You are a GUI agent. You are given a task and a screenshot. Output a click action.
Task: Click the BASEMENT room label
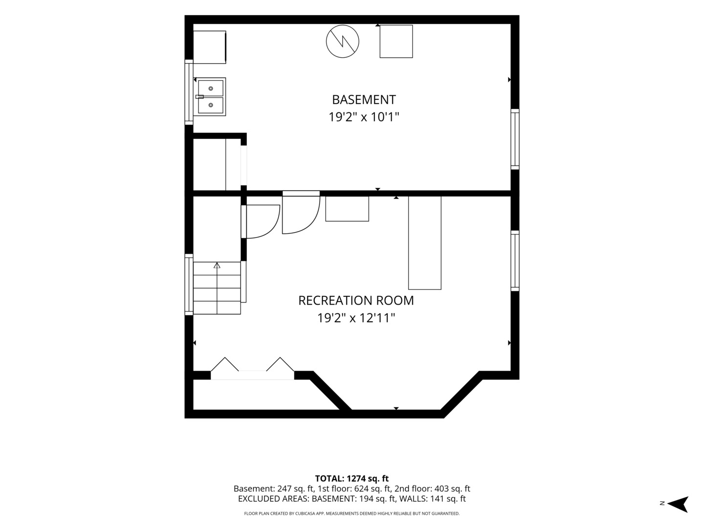[364, 100]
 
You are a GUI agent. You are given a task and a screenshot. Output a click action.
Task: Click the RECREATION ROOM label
[356, 301]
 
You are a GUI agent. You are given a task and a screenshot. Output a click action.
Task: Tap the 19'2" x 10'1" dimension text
[364, 117]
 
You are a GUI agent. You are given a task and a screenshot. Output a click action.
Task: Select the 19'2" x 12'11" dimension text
[356, 318]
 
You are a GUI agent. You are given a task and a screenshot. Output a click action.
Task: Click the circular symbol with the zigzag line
[343, 42]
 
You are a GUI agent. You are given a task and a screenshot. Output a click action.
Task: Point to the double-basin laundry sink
[210, 97]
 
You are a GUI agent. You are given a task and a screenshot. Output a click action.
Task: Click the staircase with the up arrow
[217, 288]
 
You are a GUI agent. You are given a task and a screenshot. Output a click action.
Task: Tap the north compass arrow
[679, 504]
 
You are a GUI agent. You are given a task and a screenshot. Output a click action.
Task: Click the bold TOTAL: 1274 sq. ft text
[352, 479]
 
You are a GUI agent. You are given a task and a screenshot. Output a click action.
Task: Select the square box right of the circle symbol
[396, 42]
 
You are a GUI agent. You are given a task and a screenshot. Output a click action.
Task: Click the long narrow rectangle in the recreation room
[425, 242]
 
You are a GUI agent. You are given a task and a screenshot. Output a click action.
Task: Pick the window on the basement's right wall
[515, 139]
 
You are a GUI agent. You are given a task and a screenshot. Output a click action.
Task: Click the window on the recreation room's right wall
[515, 261]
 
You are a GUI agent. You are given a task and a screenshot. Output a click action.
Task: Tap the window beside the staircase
[189, 285]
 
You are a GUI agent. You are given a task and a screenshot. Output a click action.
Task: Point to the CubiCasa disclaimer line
[352, 513]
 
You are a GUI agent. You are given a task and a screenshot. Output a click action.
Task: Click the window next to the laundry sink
[189, 92]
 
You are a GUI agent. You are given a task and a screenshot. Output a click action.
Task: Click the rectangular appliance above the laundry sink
[210, 47]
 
